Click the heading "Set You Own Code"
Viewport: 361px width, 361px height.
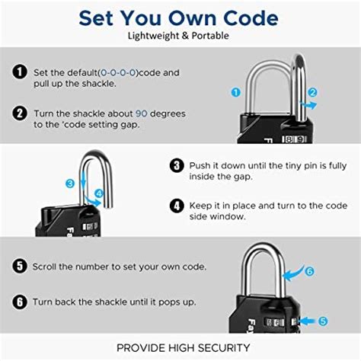coord(180,17)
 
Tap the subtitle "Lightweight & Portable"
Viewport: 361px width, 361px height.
coord(180,36)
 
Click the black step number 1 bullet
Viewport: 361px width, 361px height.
coord(19,72)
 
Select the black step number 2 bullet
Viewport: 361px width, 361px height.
coord(19,112)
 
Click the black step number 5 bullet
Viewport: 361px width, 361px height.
coord(19,267)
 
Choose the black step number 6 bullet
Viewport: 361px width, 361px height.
coord(19,302)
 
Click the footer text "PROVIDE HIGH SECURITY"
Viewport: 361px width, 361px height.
coord(180,347)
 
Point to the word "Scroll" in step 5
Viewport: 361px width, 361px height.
coord(46,267)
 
